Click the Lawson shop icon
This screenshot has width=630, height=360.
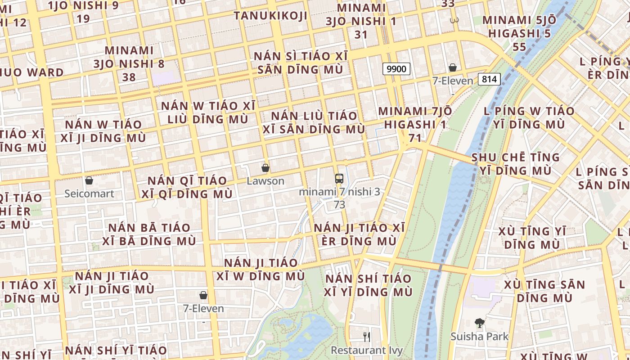[x=265, y=168]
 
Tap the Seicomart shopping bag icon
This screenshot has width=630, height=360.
[x=89, y=180]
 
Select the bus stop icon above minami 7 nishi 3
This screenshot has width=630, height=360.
[x=339, y=178]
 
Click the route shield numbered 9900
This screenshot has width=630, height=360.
[x=396, y=69]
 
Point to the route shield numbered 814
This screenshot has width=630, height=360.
[x=489, y=79]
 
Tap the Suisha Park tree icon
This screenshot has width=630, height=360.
[x=480, y=323]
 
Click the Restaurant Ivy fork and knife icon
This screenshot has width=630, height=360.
[x=367, y=337]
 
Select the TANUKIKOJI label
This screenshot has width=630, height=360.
[x=270, y=16]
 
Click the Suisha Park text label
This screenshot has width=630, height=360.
[x=480, y=336]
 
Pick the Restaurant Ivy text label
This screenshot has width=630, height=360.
[x=367, y=350]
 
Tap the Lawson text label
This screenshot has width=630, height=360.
[x=265, y=181]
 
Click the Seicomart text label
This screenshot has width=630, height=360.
[x=89, y=193]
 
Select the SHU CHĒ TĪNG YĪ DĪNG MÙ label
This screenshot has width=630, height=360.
[x=515, y=164]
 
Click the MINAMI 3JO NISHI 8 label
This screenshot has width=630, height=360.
[x=129, y=63]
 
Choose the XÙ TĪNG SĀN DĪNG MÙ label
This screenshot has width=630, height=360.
[x=544, y=291]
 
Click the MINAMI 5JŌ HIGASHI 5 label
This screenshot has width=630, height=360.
[x=519, y=33]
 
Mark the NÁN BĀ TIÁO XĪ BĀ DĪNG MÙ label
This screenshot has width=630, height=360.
[x=149, y=234]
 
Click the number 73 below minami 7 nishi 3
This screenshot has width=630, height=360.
[x=339, y=205]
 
